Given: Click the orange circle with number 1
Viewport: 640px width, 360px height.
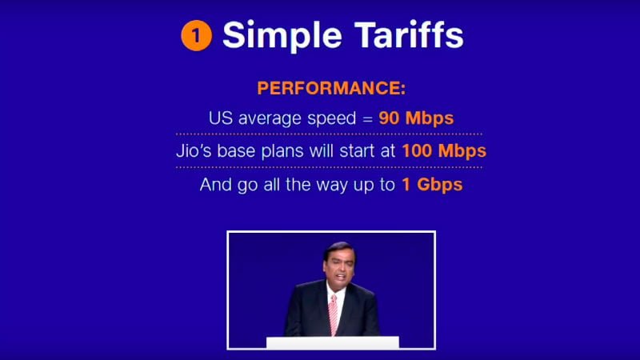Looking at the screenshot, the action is tap(196, 35).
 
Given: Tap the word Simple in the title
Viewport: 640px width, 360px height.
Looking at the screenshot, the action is tap(282, 36).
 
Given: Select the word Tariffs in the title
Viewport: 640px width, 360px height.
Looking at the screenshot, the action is tap(409, 34).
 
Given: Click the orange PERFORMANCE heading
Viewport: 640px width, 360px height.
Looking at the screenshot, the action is tap(331, 88).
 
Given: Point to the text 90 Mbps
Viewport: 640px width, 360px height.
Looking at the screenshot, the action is tap(416, 118).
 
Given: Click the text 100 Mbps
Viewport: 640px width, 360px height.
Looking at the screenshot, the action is tap(444, 151).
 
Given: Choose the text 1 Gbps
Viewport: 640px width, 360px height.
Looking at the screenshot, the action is tap(432, 185).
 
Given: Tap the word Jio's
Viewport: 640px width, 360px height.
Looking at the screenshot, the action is tap(194, 151).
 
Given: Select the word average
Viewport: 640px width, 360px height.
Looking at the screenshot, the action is tap(270, 118).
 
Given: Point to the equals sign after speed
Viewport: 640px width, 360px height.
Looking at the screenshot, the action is tap(368, 119).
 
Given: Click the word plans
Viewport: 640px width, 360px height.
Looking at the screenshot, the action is tap(282, 151).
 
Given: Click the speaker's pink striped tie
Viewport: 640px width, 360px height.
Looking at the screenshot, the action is tap(334, 314).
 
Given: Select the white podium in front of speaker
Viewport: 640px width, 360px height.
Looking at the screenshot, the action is tap(333, 342).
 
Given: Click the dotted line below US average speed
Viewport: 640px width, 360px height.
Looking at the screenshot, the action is tap(329, 134).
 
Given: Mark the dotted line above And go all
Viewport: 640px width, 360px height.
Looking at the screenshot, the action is tap(329, 167).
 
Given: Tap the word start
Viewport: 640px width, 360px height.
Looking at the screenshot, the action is tap(357, 151).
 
